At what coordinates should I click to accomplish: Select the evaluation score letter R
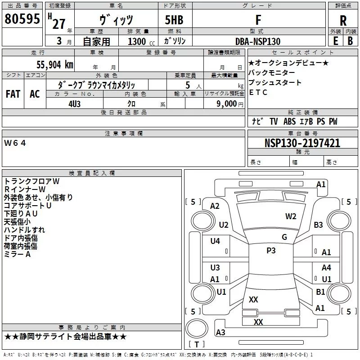tap(343, 21)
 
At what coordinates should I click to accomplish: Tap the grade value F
tap(258, 20)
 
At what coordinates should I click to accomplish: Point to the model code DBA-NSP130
tap(258, 41)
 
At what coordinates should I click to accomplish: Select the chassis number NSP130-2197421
tap(302, 144)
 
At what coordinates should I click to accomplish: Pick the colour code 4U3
tap(74, 103)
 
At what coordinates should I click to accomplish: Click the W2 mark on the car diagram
tap(291, 216)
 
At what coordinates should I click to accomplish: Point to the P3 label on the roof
tap(271, 251)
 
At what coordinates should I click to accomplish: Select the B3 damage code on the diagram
tap(319, 225)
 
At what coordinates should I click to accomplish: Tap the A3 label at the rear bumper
tap(220, 332)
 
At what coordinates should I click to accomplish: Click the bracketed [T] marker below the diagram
tap(197, 345)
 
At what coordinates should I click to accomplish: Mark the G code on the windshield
tap(284, 237)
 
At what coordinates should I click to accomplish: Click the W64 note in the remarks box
tap(16, 143)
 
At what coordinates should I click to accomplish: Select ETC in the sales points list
tap(258, 93)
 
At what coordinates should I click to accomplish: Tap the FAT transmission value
tap(13, 94)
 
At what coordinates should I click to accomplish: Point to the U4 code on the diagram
tap(215, 241)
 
